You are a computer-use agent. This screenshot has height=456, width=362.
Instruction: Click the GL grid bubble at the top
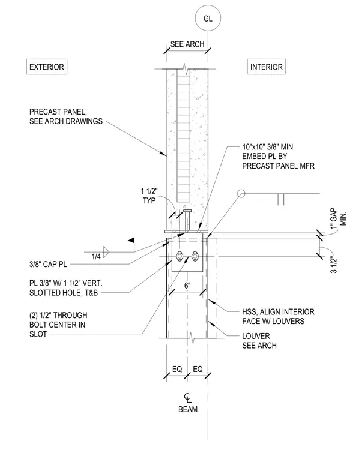[208, 19]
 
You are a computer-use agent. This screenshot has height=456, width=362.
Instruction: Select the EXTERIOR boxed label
[47, 67]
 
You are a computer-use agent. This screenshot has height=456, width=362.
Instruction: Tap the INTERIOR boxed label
[267, 67]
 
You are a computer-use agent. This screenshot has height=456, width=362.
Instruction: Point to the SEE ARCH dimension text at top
[187, 44]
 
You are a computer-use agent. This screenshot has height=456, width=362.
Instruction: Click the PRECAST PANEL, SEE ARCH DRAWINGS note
[66, 116]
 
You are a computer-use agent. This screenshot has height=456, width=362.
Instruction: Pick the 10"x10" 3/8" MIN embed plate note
[278, 156]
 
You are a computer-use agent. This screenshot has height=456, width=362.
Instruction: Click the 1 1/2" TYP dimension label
[149, 196]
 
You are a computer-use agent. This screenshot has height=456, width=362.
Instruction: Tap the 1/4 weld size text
[96, 257]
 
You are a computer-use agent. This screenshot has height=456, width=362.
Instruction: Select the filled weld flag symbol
[131, 240]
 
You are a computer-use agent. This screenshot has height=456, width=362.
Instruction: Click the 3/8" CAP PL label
[48, 264]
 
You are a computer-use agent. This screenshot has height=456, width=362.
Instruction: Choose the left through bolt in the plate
[179, 256]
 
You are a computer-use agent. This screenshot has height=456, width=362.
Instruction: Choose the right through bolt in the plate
[195, 256]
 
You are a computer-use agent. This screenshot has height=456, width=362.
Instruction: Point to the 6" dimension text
[187, 286]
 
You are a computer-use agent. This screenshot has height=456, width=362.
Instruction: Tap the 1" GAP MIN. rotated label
[339, 218]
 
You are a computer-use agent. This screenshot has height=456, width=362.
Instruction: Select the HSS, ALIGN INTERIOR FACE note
[278, 316]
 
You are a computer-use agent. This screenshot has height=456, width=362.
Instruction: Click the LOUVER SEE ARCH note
[259, 341]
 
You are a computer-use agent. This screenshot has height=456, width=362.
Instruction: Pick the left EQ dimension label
[177, 369]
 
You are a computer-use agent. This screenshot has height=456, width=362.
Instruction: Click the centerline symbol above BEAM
[188, 398]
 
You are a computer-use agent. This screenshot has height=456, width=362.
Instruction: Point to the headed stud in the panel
[187, 220]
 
